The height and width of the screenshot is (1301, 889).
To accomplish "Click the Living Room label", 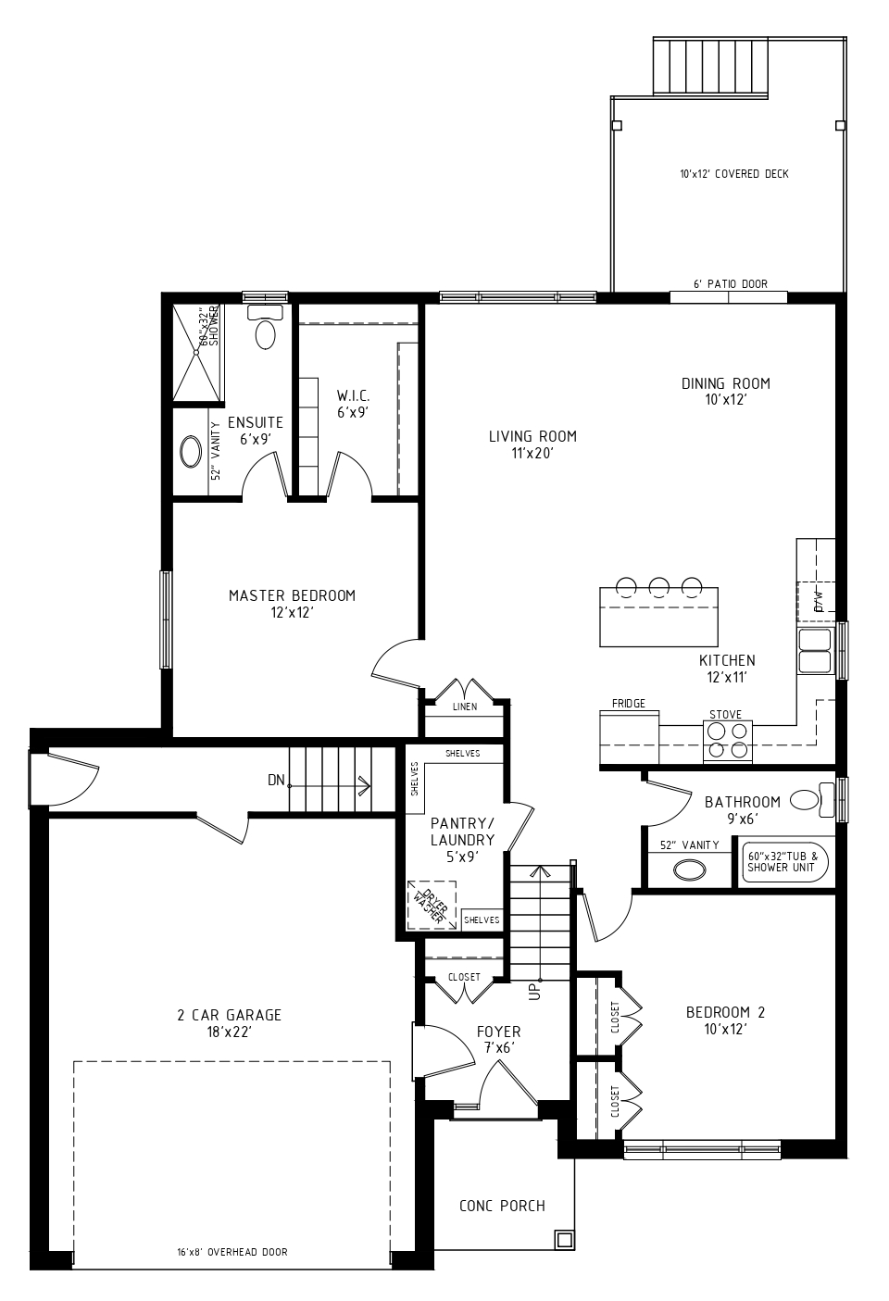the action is pyautogui.click(x=532, y=444).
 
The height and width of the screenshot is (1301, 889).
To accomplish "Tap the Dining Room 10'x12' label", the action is pyautogui.click(x=726, y=392).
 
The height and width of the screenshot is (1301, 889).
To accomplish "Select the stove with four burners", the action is pyautogui.click(x=728, y=741).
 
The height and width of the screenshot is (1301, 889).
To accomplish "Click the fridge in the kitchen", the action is pyautogui.click(x=630, y=737).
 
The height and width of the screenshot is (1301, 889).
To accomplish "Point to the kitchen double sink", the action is pyautogui.click(x=815, y=650).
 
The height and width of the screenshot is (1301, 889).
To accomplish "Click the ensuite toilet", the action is pyautogui.click(x=266, y=327).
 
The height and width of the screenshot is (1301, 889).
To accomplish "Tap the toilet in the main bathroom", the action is pyautogui.click(x=812, y=798).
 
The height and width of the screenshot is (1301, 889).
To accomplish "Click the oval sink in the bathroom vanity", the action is pyautogui.click(x=690, y=870).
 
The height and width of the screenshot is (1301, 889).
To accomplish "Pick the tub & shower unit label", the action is pyautogui.click(x=783, y=861).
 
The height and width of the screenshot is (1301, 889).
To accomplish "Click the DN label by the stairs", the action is pyautogui.click(x=276, y=780).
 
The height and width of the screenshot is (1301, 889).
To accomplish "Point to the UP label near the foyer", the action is pyautogui.click(x=535, y=990).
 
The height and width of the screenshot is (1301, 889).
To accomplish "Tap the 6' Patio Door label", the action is pyautogui.click(x=731, y=284).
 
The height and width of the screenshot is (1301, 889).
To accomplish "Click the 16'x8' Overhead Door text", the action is pyautogui.click(x=232, y=1252).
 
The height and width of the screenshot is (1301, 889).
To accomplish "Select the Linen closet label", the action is pyautogui.click(x=465, y=707).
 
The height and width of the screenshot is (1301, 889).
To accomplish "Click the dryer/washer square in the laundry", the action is pyautogui.click(x=431, y=906).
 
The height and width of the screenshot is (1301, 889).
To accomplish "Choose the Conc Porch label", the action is pyautogui.click(x=502, y=1206).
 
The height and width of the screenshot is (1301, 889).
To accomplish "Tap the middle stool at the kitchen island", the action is pyautogui.click(x=659, y=587).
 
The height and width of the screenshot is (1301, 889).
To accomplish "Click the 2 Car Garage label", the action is pyautogui.click(x=229, y=1023).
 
